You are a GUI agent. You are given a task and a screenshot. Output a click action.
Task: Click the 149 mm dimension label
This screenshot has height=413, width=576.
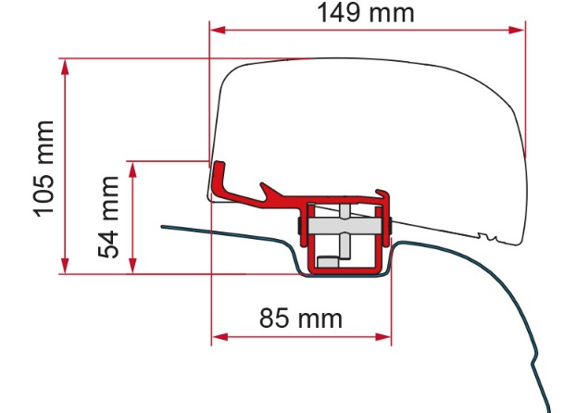coord(366,13)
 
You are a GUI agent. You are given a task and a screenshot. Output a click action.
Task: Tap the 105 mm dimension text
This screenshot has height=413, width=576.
coord(44,169)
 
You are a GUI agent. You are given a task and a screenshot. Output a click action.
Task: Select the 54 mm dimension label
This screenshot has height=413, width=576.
coord(108,218)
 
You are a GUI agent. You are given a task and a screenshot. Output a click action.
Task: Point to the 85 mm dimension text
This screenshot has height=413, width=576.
coord(300,319)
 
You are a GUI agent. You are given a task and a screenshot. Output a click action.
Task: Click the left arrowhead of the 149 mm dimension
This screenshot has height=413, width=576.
coord(218,31)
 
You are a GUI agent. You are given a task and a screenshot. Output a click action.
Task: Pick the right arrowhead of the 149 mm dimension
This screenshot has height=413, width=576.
coord(517,31)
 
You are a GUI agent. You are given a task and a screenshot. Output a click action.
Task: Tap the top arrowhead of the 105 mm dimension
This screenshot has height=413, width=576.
coord(65,67)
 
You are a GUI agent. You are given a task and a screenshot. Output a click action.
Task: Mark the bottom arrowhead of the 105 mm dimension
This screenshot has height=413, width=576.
coord(65,266)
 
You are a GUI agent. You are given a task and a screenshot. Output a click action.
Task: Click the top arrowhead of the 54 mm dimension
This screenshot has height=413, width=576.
coord(133,169)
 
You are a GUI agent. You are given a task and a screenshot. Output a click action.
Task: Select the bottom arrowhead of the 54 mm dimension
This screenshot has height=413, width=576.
coord(133,266)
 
